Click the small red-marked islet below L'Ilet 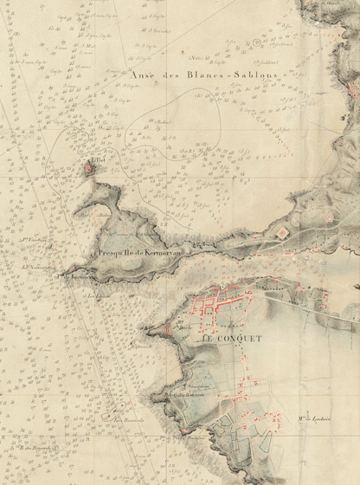pos(91,172)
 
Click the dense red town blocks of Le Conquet pos(221,303)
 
